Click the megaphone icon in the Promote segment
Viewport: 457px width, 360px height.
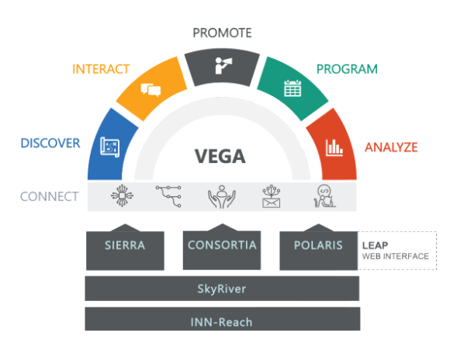(x=223, y=66)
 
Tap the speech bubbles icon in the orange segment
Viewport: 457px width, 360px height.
(x=151, y=90)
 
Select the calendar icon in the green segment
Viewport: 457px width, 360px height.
(x=293, y=88)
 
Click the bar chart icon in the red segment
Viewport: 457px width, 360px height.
(x=334, y=147)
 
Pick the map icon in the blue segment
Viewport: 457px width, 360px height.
(x=110, y=147)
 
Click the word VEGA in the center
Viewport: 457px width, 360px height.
(x=220, y=156)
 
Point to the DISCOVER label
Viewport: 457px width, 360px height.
(x=50, y=143)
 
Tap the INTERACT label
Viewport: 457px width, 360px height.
(x=101, y=69)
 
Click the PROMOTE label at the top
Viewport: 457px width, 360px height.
(x=223, y=33)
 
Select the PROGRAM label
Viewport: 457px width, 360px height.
(x=347, y=69)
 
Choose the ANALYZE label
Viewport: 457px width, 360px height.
(x=391, y=147)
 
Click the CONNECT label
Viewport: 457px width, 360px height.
(x=49, y=196)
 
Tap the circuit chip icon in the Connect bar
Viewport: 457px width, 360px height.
(x=122, y=196)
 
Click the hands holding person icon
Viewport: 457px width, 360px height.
(x=222, y=197)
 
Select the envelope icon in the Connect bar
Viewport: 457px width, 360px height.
(x=272, y=196)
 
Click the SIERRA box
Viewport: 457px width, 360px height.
(x=125, y=251)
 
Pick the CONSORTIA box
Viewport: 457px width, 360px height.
(x=222, y=250)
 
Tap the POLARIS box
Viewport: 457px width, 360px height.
(x=319, y=251)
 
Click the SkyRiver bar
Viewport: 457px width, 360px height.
(x=222, y=289)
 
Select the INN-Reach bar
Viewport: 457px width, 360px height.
(x=223, y=319)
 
